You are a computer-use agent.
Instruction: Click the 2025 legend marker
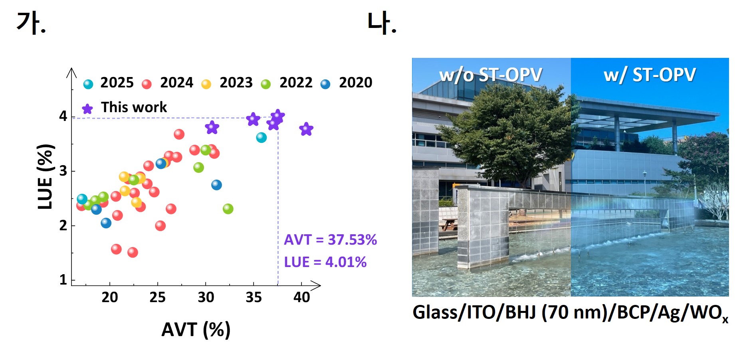(x=88, y=84)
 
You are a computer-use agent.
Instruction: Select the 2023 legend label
(x=236, y=83)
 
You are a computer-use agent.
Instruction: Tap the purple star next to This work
(x=87, y=109)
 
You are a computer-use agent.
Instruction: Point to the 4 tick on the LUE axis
(x=63, y=116)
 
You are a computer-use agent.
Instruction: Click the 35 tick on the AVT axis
(x=254, y=297)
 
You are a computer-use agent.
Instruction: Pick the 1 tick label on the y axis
(x=63, y=280)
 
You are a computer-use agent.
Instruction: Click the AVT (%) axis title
(x=196, y=330)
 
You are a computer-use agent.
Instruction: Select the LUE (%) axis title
(x=45, y=176)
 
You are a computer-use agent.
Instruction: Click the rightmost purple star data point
(x=306, y=129)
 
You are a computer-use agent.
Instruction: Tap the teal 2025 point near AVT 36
(x=261, y=138)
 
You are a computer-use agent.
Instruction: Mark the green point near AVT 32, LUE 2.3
(x=228, y=209)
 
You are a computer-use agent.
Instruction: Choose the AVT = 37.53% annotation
(x=330, y=240)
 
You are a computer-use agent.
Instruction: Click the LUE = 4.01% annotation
(x=325, y=262)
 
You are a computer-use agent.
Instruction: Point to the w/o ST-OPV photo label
(x=491, y=75)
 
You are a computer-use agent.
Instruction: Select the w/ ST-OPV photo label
(x=650, y=75)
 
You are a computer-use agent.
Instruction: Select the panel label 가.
(x=31, y=23)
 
